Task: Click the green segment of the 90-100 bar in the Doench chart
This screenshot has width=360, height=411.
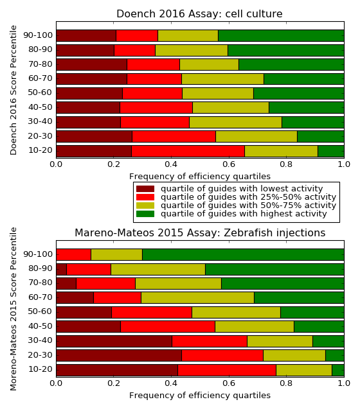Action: point(281,36)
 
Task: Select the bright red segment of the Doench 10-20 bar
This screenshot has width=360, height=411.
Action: point(188,152)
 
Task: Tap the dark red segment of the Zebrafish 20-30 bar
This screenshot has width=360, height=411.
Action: point(119,355)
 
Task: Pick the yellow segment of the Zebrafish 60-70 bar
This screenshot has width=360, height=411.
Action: point(197,297)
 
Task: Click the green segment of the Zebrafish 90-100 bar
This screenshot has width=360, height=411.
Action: point(243,254)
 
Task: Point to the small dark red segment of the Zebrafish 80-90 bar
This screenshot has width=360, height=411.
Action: point(62,269)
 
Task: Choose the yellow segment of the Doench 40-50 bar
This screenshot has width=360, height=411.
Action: point(231,108)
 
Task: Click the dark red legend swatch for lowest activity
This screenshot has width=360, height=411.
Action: point(145,189)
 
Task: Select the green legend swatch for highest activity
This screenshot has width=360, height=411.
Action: point(145,214)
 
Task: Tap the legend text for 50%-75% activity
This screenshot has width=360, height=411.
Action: point(249,205)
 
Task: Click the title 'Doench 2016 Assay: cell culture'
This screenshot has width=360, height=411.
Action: point(199,14)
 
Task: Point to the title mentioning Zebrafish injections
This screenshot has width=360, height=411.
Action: point(200,232)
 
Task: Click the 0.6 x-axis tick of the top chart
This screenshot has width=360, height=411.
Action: point(229,164)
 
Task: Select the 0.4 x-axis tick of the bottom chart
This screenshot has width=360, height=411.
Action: point(172,383)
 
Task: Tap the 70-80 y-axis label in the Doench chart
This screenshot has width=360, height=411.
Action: point(40,64)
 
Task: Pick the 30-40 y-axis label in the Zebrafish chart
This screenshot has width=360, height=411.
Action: point(40,340)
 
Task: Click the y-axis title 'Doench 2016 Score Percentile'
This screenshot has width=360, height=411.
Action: point(14,90)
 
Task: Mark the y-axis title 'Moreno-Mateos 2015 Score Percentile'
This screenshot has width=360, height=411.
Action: point(14,309)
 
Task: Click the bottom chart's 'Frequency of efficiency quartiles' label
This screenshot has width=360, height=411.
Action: point(200,396)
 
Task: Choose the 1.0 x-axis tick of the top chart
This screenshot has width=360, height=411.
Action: point(344,164)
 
